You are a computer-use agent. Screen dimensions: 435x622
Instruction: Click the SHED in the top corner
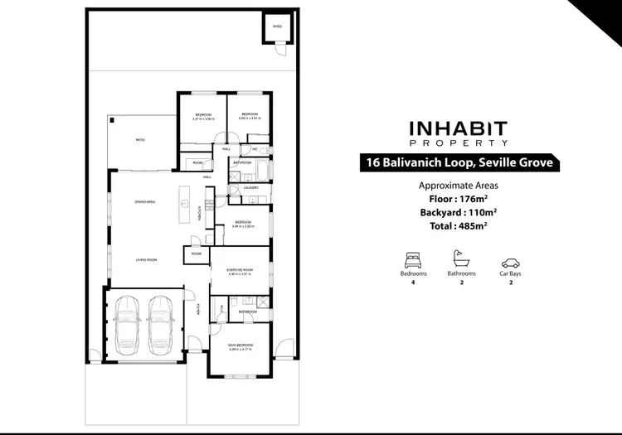[278, 27]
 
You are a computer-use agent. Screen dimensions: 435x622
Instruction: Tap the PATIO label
[140, 140]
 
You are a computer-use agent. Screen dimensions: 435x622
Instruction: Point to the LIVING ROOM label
[146, 259]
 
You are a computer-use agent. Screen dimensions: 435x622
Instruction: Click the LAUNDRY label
[251, 187]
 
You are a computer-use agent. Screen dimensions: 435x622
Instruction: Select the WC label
[256, 149]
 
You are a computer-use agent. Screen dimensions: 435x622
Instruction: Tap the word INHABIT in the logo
[459, 129]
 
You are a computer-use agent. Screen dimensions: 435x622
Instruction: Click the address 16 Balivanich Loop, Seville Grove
[459, 163]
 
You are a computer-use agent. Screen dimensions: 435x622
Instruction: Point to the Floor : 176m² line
[459, 200]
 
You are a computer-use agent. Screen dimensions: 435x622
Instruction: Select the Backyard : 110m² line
[459, 213]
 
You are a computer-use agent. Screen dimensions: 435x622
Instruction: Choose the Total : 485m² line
[459, 226]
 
